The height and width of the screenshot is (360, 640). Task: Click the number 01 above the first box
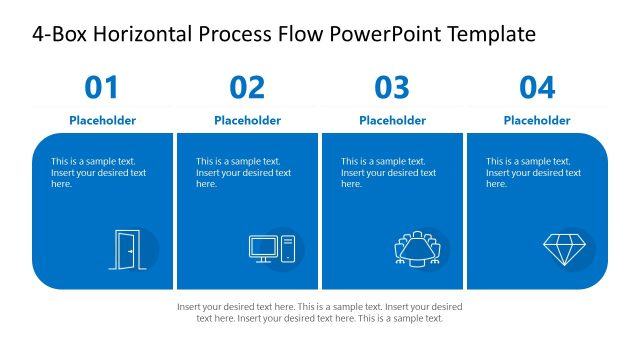[x=102, y=88]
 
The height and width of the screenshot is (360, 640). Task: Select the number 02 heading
[x=247, y=88]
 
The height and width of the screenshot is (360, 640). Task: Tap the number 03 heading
[x=392, y=88]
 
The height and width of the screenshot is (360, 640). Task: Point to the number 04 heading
[x=537, y=88]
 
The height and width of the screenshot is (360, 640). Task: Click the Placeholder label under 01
[x=102, y=120]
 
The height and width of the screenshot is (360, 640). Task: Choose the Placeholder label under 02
[x=247, y=120]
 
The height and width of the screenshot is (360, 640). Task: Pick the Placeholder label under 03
[x=392, y=120]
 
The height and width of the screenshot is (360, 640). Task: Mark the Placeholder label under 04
[x=537, y=120]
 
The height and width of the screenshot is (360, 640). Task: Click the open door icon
[x=127, y=249]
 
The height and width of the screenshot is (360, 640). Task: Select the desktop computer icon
[x=272, y=249]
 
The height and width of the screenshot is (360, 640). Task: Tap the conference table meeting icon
[x=417, y=250]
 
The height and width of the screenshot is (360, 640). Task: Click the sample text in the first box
[x=98, y=172]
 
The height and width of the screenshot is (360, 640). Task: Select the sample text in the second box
[x=243, y=172]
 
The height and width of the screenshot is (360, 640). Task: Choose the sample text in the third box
[x=388, y=172]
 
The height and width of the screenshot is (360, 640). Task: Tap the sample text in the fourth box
[x=533, y=172]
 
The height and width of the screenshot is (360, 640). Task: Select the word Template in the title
[x=490, y=35]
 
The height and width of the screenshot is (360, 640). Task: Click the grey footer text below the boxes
[x=320, y=312]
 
